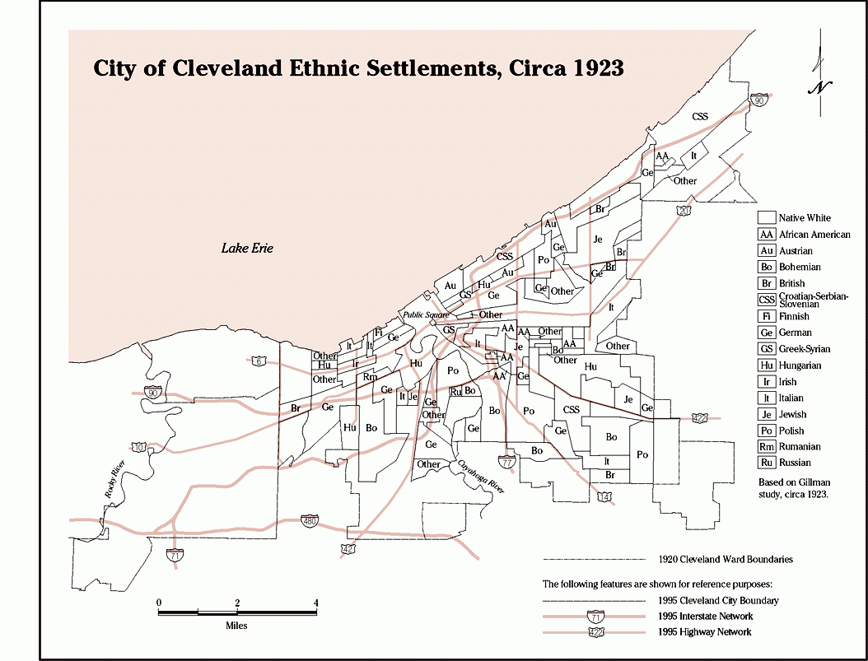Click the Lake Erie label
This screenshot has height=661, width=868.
click(x=247, y=248)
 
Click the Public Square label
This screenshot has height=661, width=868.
click(x=424, y=315)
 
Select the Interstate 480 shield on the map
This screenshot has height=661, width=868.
click(x=310, y=523)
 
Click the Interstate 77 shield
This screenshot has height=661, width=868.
click(x=508, y=462)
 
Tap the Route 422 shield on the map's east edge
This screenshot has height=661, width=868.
click(x=699, y=418)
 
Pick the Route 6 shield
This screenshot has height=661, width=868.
click(x=258, y=361)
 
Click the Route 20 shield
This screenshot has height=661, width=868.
click(x=684, y=212)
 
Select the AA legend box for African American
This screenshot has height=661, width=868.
click(x=767, y=235)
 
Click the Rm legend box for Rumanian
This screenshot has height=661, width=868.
click(x=767, y=447)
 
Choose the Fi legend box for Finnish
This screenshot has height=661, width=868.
click(x=767, y=316)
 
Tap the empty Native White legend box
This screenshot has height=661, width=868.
click(x=767, y=218)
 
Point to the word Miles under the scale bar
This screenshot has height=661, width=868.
click(x=236, y=626)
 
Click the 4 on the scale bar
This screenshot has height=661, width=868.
click(x=315, y=603)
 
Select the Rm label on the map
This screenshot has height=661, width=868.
click(x=371, y=377)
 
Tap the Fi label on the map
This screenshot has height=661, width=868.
click(x=378, y=333)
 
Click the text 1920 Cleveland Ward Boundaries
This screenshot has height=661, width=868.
click(x=726, y=560)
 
